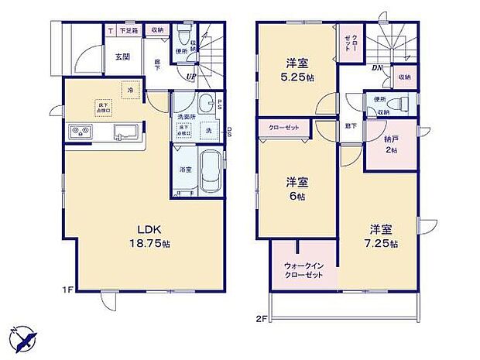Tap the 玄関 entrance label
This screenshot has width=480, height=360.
tap(122, 56)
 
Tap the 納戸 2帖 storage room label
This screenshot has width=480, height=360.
tap(392, 145)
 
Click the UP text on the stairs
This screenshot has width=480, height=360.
tap(190, 76)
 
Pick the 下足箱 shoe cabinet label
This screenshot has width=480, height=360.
tap(129, 30)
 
